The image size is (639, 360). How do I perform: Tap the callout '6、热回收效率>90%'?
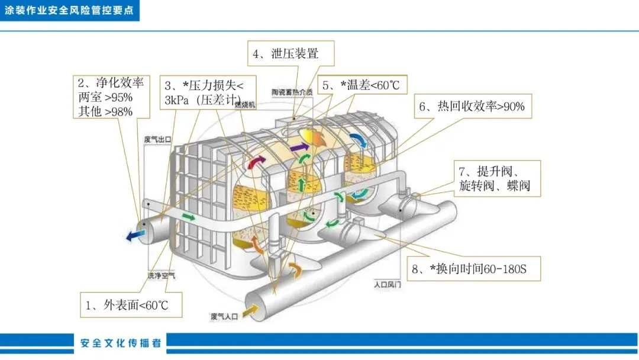(x=472, y=107)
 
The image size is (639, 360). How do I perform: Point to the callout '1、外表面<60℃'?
(x=131, y=305)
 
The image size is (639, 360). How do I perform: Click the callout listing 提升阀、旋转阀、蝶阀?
(x=496, y=179)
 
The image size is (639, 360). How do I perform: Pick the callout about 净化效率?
(x=111, y=96)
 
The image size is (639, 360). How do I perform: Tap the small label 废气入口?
(x=224, y=317)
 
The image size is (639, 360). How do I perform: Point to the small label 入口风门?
(x=388, y=284)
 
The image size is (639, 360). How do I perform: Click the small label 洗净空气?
(x=162, y=275)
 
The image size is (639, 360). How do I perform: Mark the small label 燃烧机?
(x=244, y=105)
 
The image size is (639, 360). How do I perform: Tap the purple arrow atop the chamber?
(x=299, y=146)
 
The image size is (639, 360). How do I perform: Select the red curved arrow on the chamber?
(x=256, y=162)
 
